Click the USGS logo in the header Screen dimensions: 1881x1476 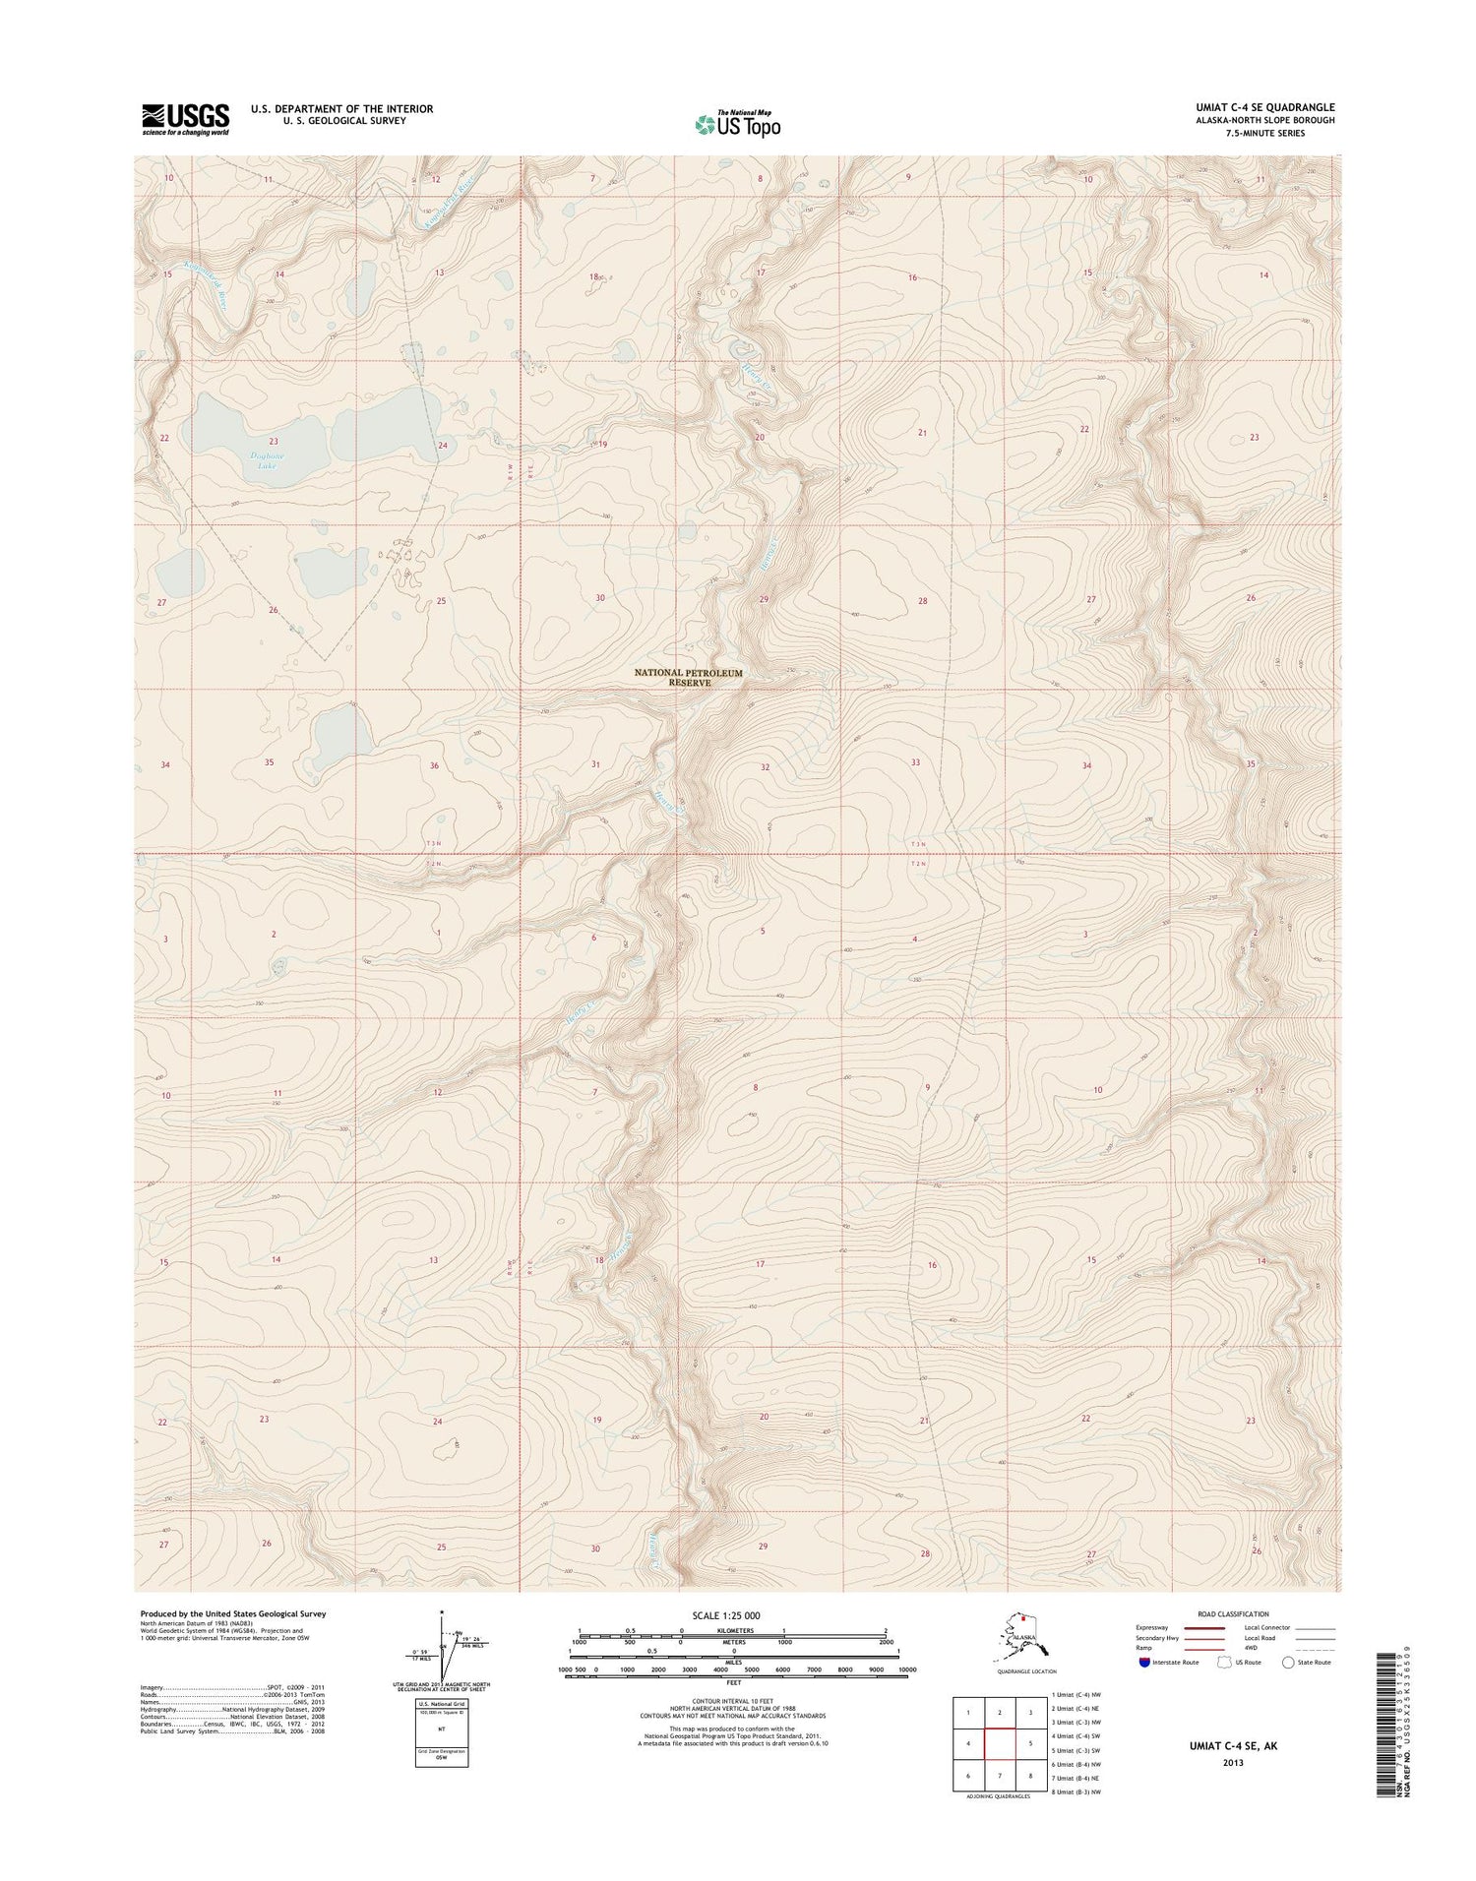coord(185,119)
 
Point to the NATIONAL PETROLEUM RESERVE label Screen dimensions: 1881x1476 coord(688,677)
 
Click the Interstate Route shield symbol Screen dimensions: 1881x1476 coord(1142,1662)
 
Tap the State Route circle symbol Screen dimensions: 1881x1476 coord(1288,1662)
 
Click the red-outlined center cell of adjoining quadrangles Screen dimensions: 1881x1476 coord(1000,1743)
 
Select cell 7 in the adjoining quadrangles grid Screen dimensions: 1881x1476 coord(1000,1776)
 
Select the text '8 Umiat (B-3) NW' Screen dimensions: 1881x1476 coord(1076,1791)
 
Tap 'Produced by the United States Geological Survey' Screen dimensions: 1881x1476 coord(232,1613)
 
